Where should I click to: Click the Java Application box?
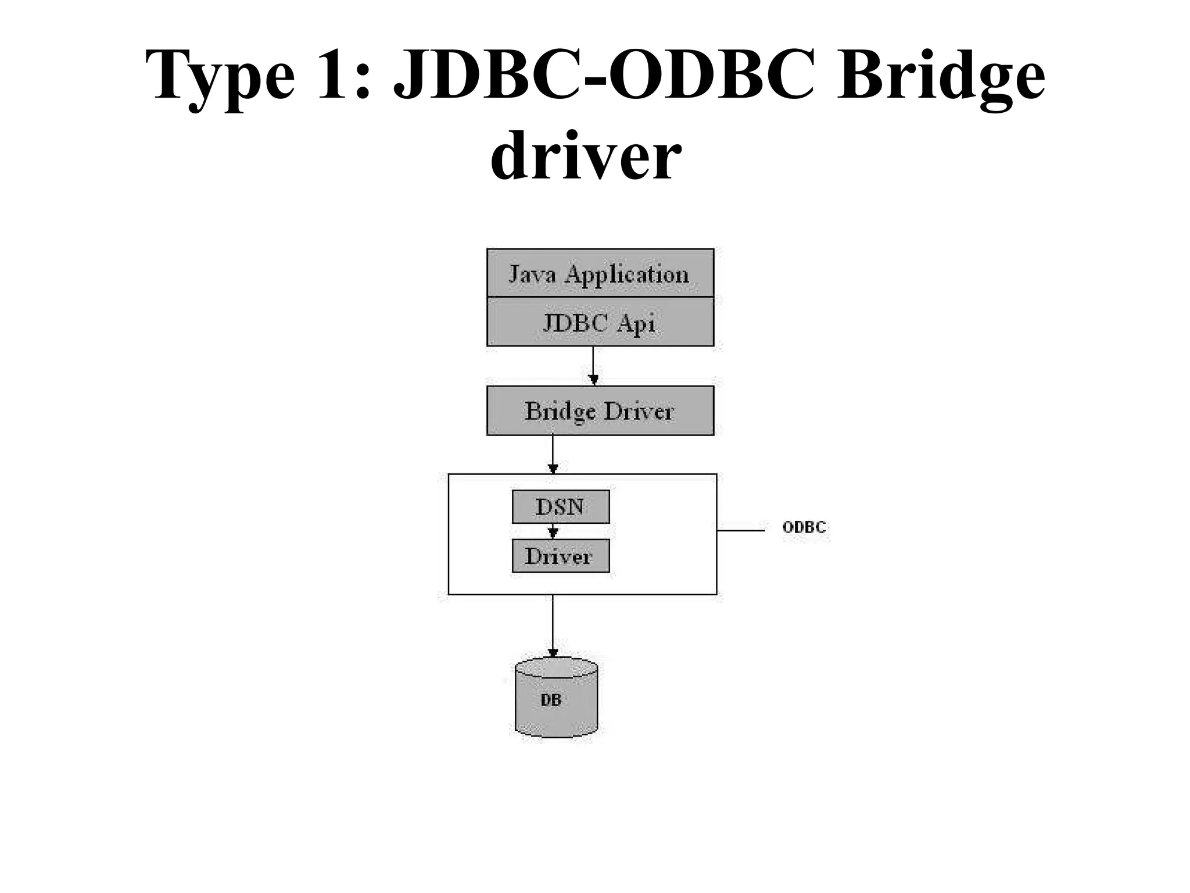point(600,273)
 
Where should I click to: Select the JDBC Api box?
point(600,322)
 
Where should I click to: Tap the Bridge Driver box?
point(600,410)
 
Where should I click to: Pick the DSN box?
point(561,506)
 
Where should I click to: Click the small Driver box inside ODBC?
point(561,556)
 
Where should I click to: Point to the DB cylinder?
point(556,698)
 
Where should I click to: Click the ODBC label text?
point(804,527)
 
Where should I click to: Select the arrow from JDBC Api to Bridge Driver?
point(593,365)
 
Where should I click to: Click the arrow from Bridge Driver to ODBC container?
point(553,453)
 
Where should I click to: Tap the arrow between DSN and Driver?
point(553,531)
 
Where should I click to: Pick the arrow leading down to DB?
point(553,625)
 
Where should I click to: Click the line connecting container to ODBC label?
point(740,530)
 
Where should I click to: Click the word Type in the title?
point(220,76)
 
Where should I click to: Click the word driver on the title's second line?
point(585,156)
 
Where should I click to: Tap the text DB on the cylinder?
point(551,700)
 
